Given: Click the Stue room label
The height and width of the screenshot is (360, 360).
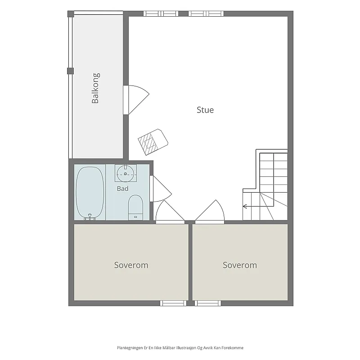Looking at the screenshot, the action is [205, 110].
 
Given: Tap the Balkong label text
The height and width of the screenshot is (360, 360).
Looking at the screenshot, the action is [95, 88].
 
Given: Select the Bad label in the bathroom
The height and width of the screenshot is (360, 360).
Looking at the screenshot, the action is [122, 189].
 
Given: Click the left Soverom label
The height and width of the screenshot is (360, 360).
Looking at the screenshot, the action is [131, 265].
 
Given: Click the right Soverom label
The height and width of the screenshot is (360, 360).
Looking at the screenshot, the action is [240, 265].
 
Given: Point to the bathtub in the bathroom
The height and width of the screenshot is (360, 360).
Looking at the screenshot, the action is [90, 193].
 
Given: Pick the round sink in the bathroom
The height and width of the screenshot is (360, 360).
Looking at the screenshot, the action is [126, 174].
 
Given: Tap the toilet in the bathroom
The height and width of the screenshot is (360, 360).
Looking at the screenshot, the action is [135, 207].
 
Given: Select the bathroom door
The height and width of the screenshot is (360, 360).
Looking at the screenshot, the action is [161, 189].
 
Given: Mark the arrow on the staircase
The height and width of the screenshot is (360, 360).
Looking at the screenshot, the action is [258, 207].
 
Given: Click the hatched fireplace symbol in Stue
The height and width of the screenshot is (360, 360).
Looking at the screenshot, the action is [153, 142].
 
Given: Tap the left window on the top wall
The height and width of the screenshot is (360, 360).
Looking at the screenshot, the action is [161, 13].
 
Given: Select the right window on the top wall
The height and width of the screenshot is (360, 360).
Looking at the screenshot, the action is [206, 13].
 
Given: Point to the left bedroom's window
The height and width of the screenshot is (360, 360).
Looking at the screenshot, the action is [173, 303].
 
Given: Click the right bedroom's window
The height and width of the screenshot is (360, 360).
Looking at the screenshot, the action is [208, 303].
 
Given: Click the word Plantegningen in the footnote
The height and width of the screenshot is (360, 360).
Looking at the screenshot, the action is [130, 348].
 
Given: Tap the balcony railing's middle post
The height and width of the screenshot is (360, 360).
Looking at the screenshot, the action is [70, 71].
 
